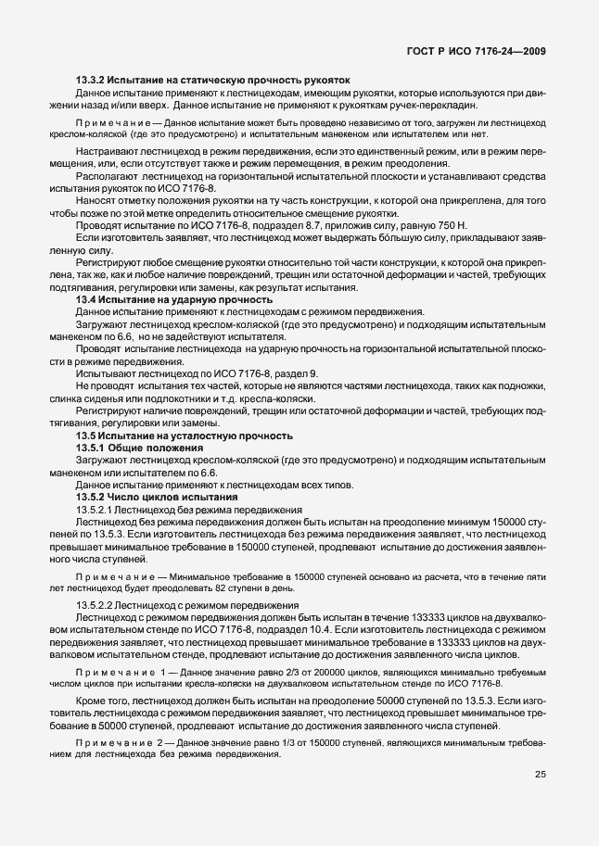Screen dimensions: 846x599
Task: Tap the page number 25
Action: (x=540, y=801)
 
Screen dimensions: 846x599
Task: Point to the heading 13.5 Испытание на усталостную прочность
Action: (x=185, y=436)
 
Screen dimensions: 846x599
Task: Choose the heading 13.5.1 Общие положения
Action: (x=140, y=448)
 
